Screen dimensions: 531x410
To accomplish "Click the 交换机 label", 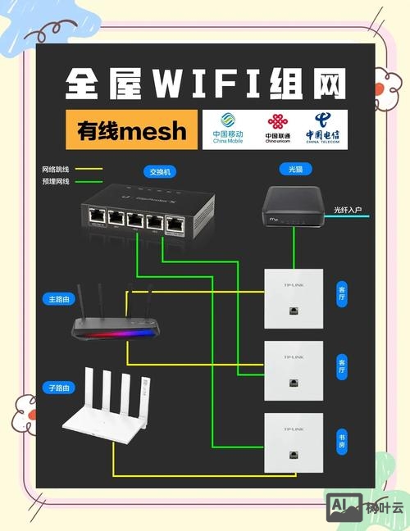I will point(158,172).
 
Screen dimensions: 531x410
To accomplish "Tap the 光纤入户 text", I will point(347,210).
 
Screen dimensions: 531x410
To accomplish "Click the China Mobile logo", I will point(229,129).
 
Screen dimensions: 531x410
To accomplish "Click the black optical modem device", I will point(294,206).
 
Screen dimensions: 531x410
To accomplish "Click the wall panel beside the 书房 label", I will point(293,443).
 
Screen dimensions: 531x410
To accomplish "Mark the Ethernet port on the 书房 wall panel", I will point(293,456).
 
